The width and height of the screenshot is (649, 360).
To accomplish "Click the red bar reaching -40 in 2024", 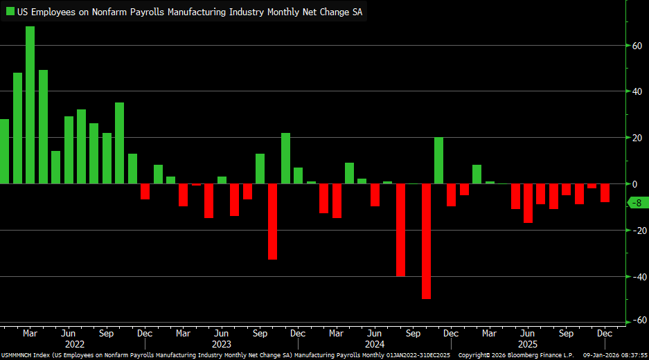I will tap(400, 230).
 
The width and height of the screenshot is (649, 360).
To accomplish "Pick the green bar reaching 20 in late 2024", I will tap(438, 161).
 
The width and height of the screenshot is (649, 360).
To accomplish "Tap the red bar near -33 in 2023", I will tap(273, 222).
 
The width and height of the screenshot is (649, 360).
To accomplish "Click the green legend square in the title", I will tap(10, 11).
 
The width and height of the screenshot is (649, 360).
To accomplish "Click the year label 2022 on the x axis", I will tap(74, 344).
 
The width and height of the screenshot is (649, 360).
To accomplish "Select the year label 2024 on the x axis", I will tap(374, 344).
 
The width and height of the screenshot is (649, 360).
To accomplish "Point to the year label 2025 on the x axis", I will tap(527, 344).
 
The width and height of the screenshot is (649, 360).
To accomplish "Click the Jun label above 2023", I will tap(221, 334).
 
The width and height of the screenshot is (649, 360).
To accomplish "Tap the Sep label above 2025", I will tap(566, 334).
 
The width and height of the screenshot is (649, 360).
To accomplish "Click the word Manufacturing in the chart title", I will tap(197, 11).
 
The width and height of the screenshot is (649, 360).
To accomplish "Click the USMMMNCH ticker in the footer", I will tap(15, 355).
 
